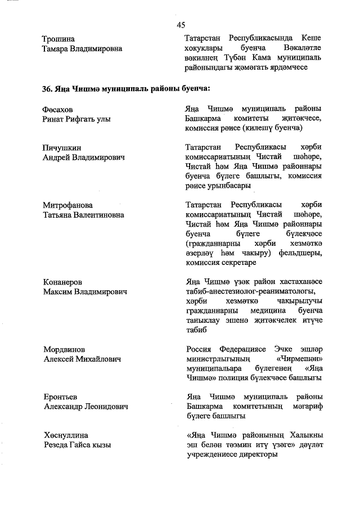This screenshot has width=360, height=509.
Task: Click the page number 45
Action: click(181, 24)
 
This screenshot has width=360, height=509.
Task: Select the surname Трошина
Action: click(58, 39)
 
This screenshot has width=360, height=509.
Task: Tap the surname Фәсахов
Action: click(58, 109)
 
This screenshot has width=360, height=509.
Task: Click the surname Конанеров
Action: click(63, 282)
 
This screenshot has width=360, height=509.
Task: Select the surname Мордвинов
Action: click(65, 349)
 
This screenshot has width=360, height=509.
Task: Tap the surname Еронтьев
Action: click(60, 397)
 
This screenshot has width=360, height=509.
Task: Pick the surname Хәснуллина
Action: click(66, 435)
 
